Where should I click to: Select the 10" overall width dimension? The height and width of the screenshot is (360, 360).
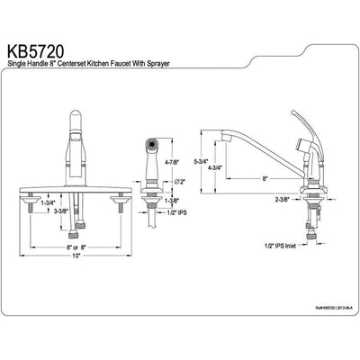[x=78, y=256]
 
